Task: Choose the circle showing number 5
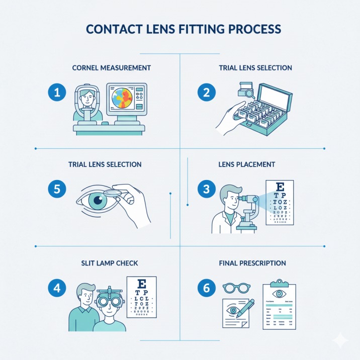57,189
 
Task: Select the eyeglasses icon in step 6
235,289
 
